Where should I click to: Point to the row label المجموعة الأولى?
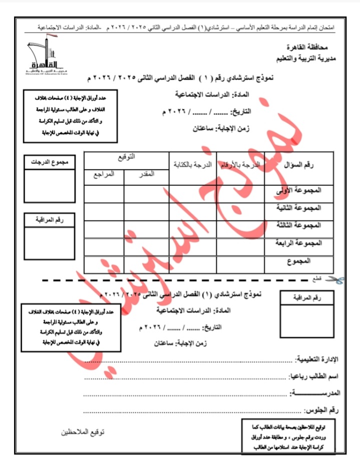tap(298, 191)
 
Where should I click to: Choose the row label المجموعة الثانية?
tap(298, 207)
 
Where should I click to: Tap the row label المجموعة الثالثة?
tap(298, 225)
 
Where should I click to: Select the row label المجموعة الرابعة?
tap(298, 243)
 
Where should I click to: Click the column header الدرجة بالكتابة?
tap(193, 164)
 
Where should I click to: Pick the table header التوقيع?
tap(126, 157)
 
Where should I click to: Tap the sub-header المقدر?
tap(146, 173)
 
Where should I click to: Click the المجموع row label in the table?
tap(299, 261)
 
